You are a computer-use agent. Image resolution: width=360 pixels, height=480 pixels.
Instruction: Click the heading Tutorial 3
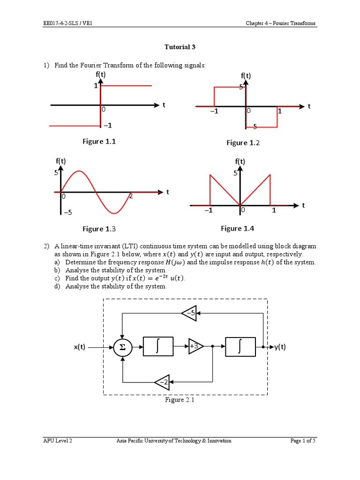click(180, 47)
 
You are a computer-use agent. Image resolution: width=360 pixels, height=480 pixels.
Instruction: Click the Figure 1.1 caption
click(99, 142)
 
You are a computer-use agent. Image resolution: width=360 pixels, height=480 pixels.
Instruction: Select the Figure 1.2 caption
click(243, 142)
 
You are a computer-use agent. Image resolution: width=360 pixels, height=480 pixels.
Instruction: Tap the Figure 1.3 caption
click(99, 229)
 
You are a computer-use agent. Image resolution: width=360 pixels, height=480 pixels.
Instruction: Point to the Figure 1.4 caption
click(237, 228)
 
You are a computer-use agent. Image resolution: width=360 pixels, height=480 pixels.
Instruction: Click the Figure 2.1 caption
click(179, 400)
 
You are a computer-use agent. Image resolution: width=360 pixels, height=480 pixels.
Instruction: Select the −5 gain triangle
click(189, 313)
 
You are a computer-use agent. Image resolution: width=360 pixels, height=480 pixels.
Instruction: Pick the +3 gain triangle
click(195, 347)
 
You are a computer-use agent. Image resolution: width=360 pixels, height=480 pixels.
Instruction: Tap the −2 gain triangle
click(162, 382)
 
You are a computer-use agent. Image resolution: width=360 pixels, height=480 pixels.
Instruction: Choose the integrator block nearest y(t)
click(240, 347)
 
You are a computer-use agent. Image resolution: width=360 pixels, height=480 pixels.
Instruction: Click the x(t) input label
click(79, 347)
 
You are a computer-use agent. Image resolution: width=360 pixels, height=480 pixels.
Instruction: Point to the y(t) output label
click(280, 347)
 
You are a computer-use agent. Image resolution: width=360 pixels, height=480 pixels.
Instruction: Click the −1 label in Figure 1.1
click(108, 125)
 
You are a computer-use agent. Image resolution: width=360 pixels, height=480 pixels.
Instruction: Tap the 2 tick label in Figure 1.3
click(131, 196)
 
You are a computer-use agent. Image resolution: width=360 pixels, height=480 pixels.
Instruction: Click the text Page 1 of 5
click(303, 441)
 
